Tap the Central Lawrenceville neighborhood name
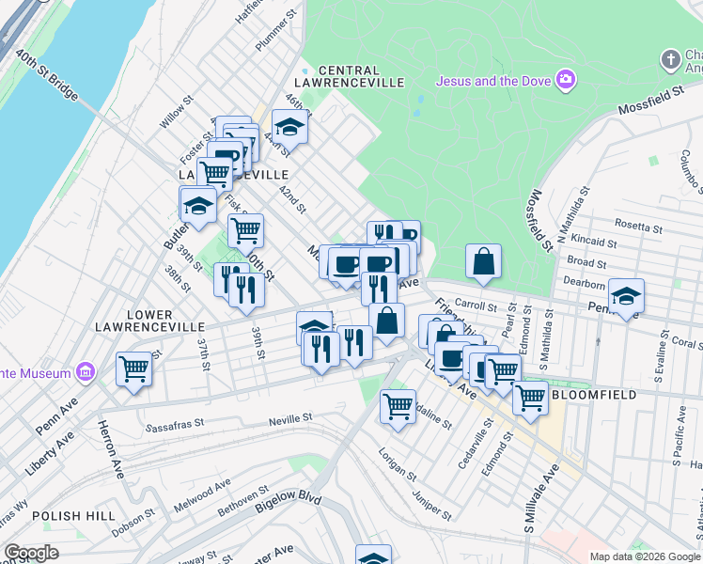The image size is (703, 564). (x=362, y=76)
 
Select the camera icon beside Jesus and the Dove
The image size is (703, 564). (x=566, y=77)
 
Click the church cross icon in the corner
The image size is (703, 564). (x=670, y=60)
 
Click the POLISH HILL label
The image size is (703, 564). (x=74, y=516)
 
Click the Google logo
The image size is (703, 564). (x=31, y=553)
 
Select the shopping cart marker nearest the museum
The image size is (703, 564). (x=133, y=368)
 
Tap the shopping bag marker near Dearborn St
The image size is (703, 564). (x=483, y=262)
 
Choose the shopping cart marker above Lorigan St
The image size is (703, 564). (x=398, y=406)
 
